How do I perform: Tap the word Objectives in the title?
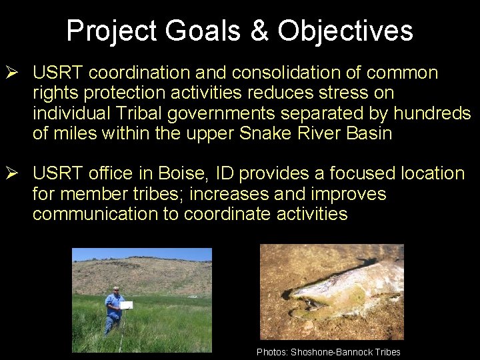[345, 31]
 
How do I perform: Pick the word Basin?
[369, 133]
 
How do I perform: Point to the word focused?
[359, 174]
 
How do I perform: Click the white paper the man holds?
[126, 305]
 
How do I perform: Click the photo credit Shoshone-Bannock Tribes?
[345, 352]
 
